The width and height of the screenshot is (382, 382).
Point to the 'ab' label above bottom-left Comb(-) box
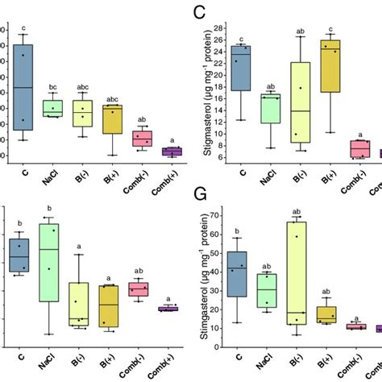click(139, 271)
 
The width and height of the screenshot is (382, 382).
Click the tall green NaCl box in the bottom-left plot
click(50, 263)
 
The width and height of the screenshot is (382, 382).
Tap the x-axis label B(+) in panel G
click(327, 356)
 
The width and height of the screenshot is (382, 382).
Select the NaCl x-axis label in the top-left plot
click(52, 172)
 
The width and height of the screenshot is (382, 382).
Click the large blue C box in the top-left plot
click(23, 87)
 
